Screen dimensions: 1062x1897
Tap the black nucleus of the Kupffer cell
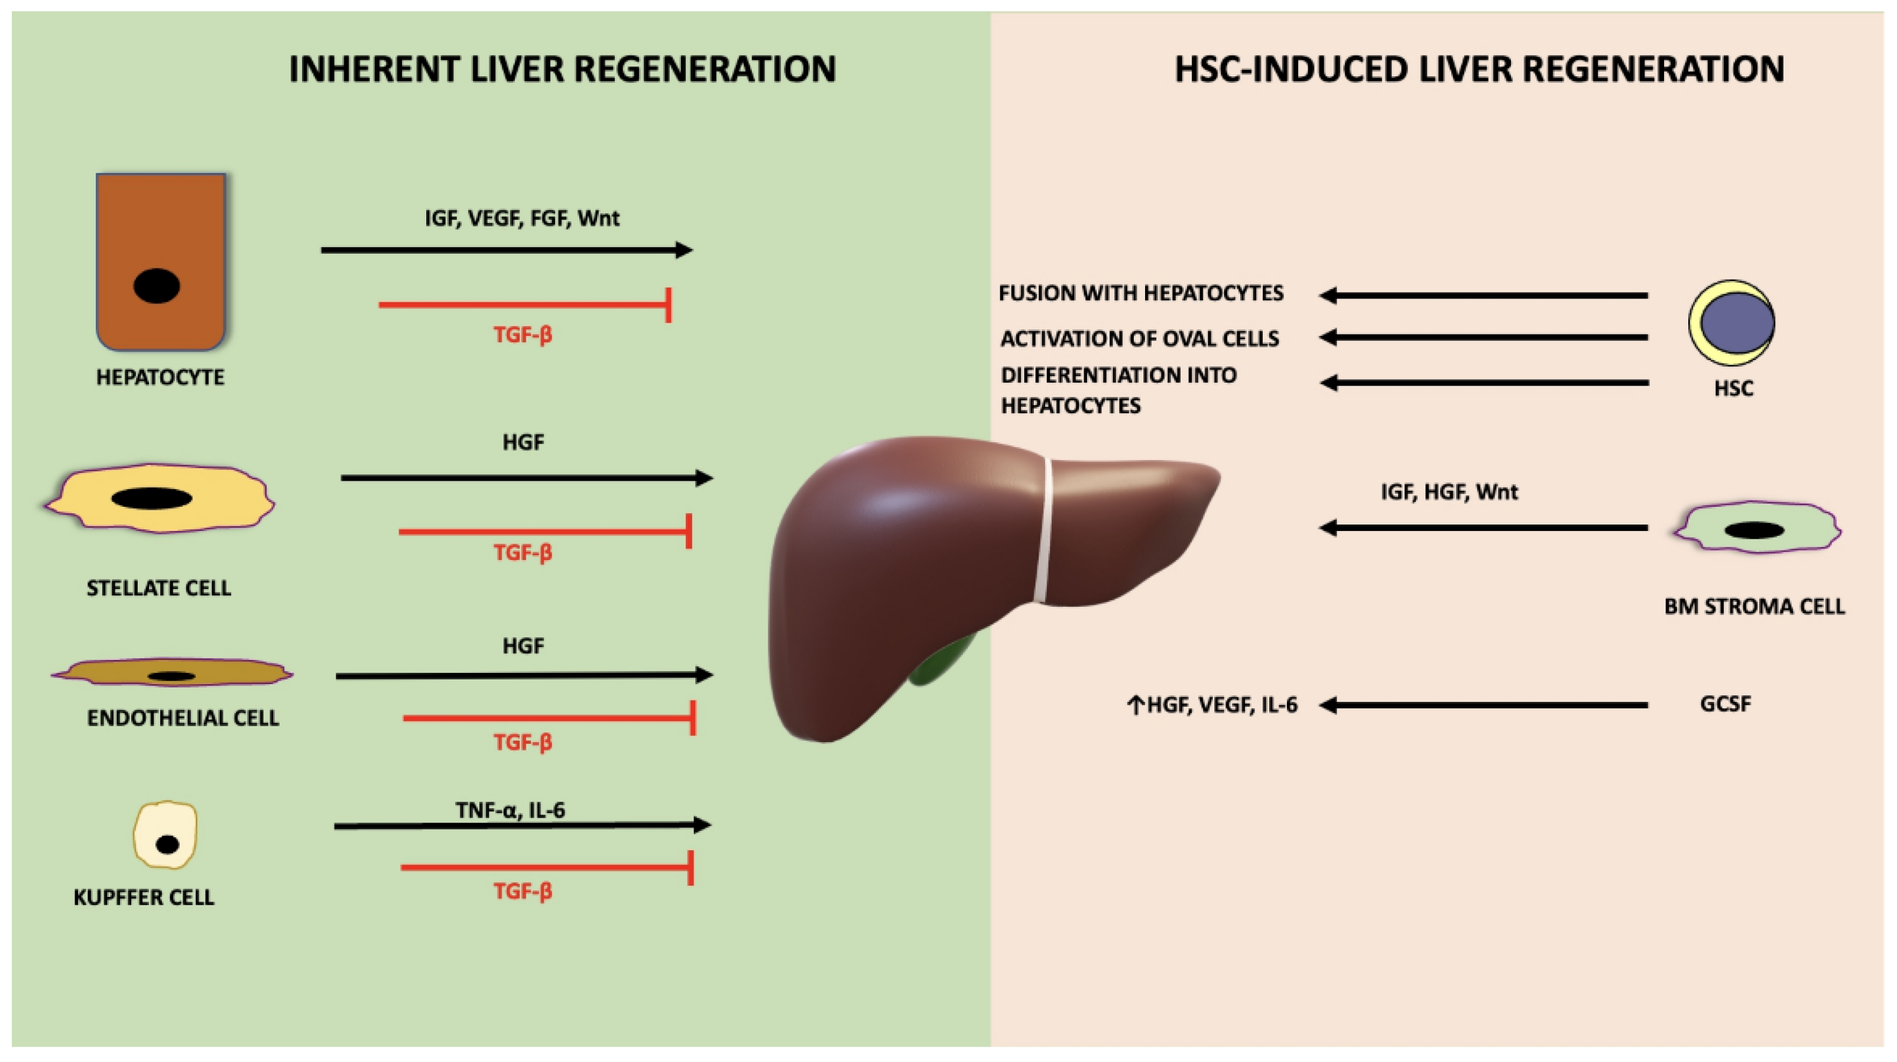[x=167, y=844]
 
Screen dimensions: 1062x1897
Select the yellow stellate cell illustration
[x=159, y=498]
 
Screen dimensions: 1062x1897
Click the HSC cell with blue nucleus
[x=1731, y=323]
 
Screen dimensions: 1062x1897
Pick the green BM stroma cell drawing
[x=1757, y=528]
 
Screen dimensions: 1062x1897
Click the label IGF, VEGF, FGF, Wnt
[x=521, y=218]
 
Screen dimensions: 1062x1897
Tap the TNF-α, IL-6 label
[x=510, y=810]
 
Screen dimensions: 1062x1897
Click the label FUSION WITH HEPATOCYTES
[x=1141, y=293]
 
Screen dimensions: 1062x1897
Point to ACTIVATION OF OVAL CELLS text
[x=1139, y=338]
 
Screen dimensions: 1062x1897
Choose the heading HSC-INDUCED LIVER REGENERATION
[x=1478, y=69]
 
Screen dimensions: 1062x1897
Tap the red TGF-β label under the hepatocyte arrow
[x=522, y=335]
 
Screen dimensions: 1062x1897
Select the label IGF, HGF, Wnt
[x=1448, y=491]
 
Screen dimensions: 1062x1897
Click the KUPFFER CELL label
[x=144, y=897]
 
